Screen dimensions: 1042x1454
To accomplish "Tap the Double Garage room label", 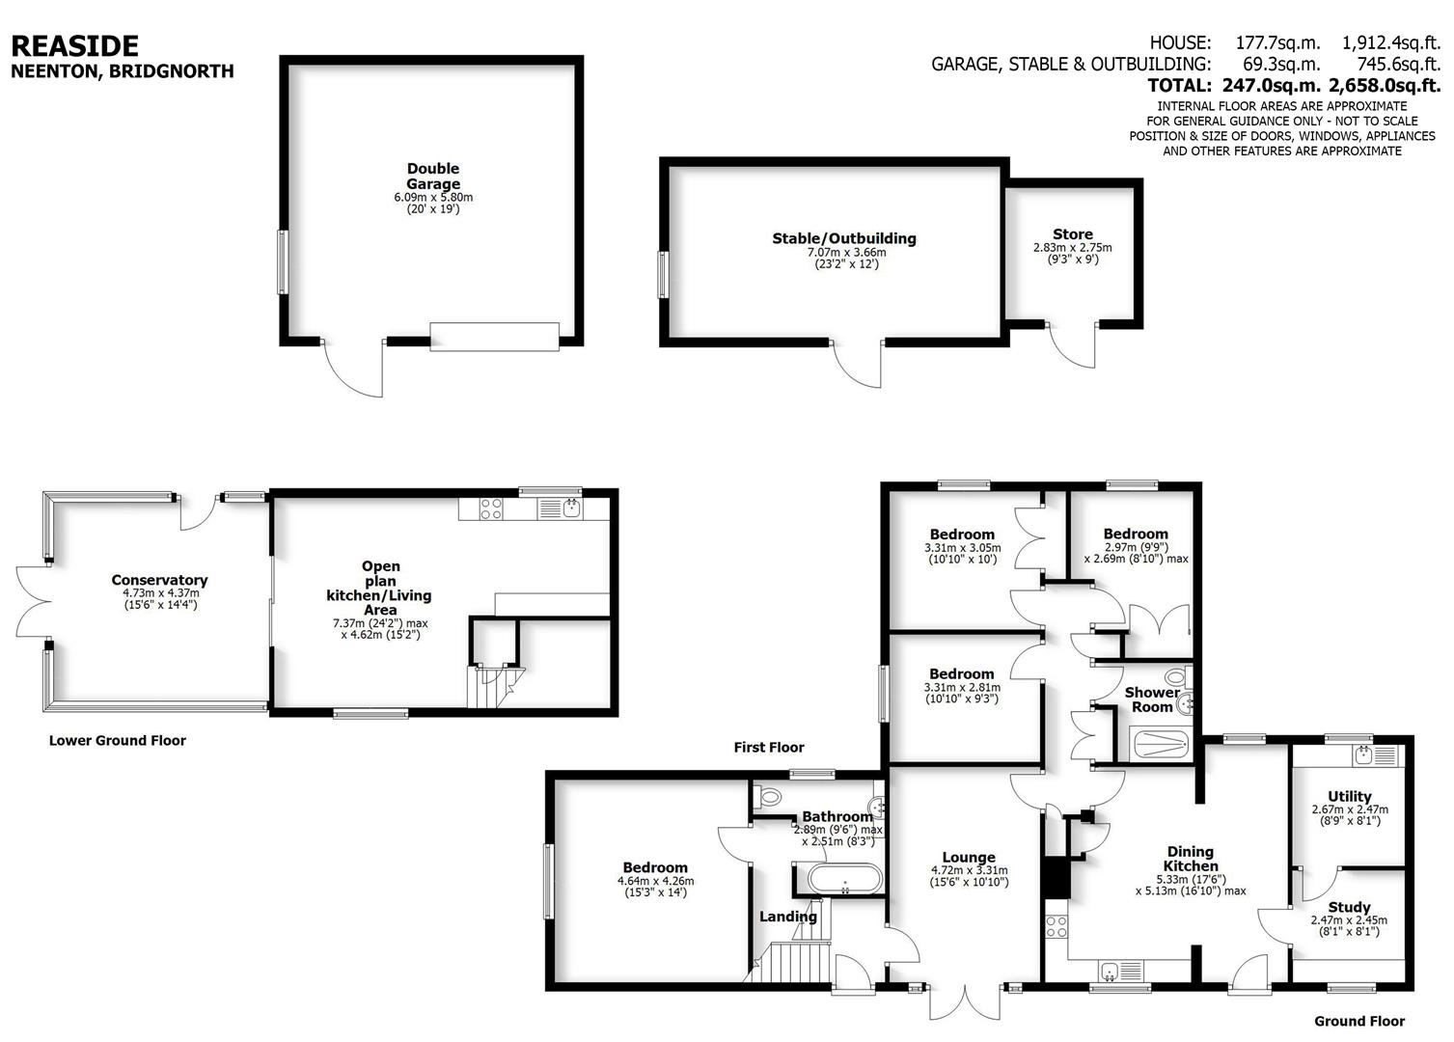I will [x=433, y=177].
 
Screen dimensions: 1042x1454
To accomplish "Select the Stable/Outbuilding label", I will [x=843, y=238].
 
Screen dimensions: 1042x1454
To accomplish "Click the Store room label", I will [x=1072, y=234].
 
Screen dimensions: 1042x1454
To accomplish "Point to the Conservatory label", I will [x=159, y=580].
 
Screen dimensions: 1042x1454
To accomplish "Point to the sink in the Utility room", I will [x=1363, y=754].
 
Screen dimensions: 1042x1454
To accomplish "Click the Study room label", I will [x=1349, y=907].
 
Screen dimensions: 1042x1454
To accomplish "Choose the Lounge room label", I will [x=969, y=857].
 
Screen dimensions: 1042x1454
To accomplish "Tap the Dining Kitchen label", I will [x=1191, y=859].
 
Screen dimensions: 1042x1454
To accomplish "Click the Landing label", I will [x=788, y=917].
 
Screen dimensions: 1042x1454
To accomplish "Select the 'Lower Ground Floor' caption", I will [x=118, y=741].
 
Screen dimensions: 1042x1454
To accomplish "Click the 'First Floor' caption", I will [x=768, y=747].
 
